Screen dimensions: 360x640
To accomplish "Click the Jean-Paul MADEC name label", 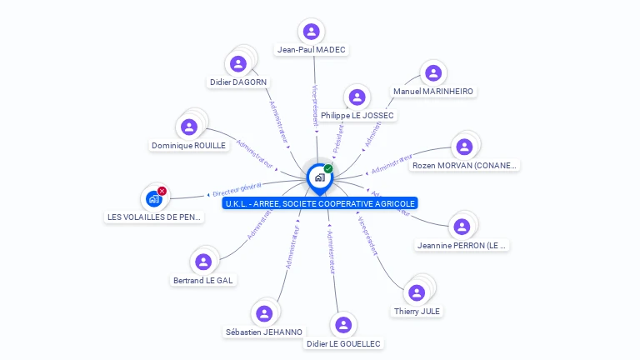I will point(312,50).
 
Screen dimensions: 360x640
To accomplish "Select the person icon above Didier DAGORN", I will point(238,63).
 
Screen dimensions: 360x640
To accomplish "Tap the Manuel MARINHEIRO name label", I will point(433,91).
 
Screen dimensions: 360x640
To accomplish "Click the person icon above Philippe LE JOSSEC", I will point(357,97).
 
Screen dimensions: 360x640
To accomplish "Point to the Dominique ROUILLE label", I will point(188,145).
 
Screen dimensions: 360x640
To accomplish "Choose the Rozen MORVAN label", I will point(465,165).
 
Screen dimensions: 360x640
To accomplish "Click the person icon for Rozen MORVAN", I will point(464,147).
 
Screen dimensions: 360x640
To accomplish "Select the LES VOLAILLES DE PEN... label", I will point(154,217).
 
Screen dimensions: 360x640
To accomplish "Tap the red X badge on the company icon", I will point(162,191).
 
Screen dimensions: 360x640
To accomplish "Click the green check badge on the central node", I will point(328,168).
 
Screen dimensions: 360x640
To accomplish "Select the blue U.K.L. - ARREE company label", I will point(320,203).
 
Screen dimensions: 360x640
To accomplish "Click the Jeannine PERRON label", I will point(462,246).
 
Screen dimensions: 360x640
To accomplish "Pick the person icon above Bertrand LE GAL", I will point(203,262).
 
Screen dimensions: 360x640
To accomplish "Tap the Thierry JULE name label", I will point(417,311).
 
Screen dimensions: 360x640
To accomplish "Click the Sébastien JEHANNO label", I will point(264,332).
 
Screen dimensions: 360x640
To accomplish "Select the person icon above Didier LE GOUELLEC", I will point(342,325).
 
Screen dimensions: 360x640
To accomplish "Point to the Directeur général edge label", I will point(237,188).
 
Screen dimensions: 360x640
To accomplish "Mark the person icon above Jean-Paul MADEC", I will point(312,32).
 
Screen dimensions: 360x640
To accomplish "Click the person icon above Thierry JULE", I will point(417,292).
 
